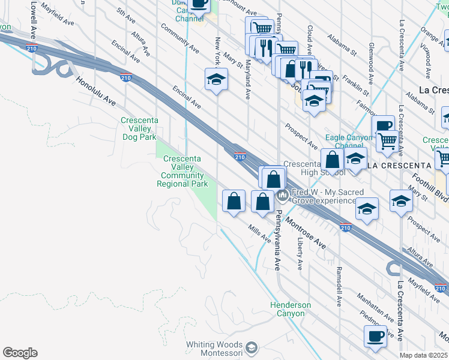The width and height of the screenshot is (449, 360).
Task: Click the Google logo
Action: tap(20, 353)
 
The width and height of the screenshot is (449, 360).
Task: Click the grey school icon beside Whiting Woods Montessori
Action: tap(252, 347)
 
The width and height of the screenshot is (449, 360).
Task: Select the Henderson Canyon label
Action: tap(291, 309)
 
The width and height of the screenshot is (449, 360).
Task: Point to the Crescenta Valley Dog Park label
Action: tap(139, 129)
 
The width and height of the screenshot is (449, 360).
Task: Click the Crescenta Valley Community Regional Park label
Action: tap(182, 171)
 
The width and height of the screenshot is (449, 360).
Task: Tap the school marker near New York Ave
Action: tap(217, 79)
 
